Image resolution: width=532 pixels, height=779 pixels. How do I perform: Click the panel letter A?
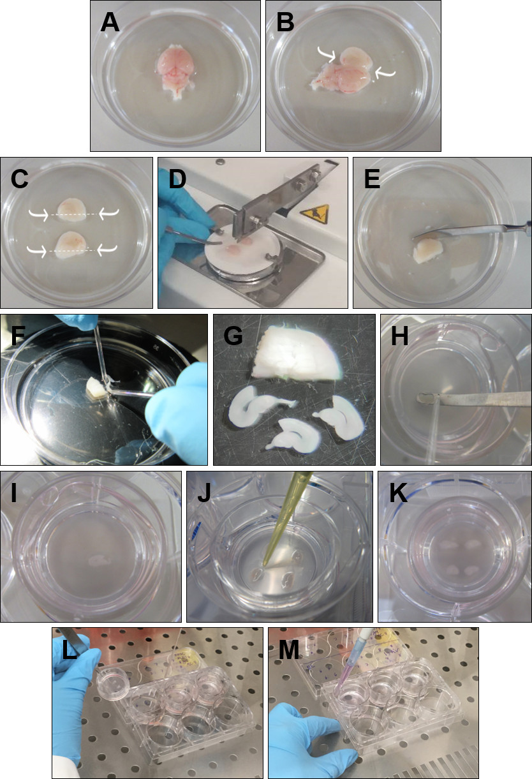110,24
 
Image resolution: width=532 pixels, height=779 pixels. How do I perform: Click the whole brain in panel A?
175,71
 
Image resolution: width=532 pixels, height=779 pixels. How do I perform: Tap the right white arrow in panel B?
385,73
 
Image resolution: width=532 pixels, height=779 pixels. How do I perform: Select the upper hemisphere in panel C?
71,210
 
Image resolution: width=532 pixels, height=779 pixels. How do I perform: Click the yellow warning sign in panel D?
314,214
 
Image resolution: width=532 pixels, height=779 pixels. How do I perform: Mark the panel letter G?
233,336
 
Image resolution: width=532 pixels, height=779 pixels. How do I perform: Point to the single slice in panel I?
99,560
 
